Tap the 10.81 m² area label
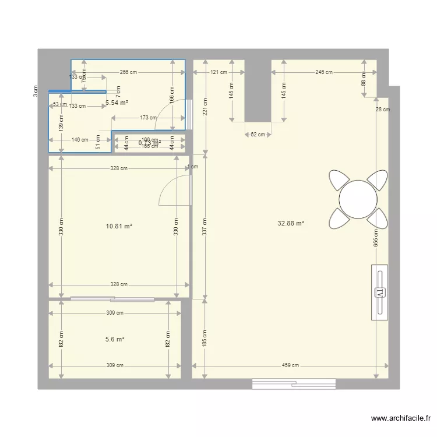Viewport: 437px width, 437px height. (x=119, y=225)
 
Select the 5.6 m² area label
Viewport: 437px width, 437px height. (x=115, y=339)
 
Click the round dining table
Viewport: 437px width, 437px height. (x=358, y=199)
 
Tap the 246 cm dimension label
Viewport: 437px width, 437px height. (x=323, y=73)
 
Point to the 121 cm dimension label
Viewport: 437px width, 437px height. (x=218, y=73)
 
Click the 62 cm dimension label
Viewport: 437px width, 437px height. (x=258, y=135)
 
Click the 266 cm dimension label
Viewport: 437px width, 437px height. (x=128, y=73)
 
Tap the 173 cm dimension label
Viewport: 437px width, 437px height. (x=148, y=118)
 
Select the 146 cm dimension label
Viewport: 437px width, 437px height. (x=80, y=140)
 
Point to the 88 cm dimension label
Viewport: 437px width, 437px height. (x=364, y=82)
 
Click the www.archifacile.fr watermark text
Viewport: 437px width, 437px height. (x=400, y=419)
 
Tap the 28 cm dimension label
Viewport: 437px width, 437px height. (x=382, y=110)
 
